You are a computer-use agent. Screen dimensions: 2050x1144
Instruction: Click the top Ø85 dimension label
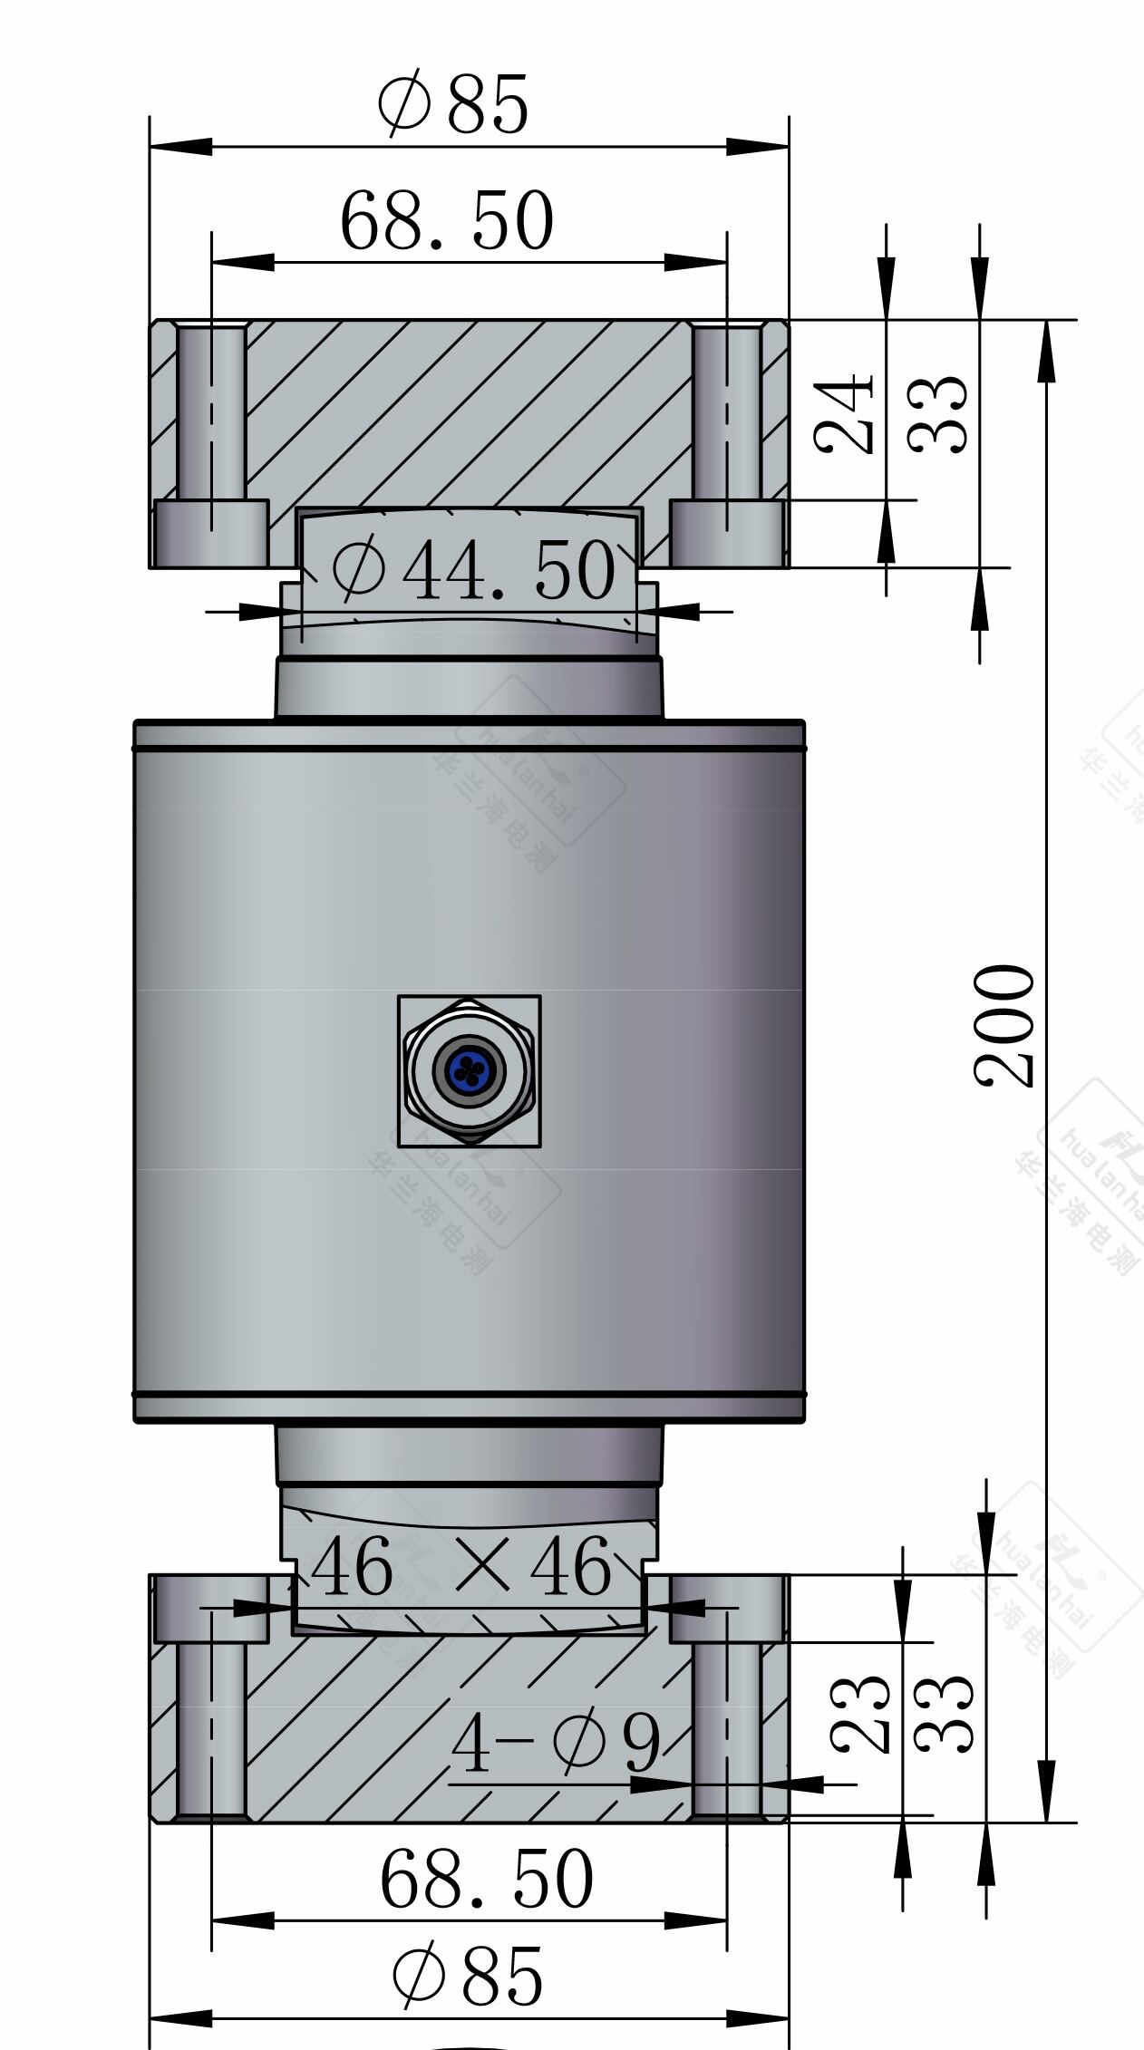pyautogui.click(x=452, y=104)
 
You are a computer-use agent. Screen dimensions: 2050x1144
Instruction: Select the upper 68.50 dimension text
pyautogui.click(x=446, y=221)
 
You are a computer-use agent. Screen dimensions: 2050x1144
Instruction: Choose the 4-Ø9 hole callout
pyautogui.click(x=556, y=1745)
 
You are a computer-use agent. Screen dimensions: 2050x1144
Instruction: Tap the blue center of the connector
pyautogui.click(x=468, y=1070)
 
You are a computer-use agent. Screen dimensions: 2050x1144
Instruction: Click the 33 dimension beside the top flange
pyautogui.click(x=938, y=414)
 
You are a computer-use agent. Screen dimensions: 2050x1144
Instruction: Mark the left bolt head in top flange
pyautogui.click(x=211, y=532)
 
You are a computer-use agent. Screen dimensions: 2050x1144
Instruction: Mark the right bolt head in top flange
pyautogui.click(x=726, y=532)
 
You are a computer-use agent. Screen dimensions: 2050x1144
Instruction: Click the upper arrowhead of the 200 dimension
pyautogui.click(x=1046, y=349)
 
